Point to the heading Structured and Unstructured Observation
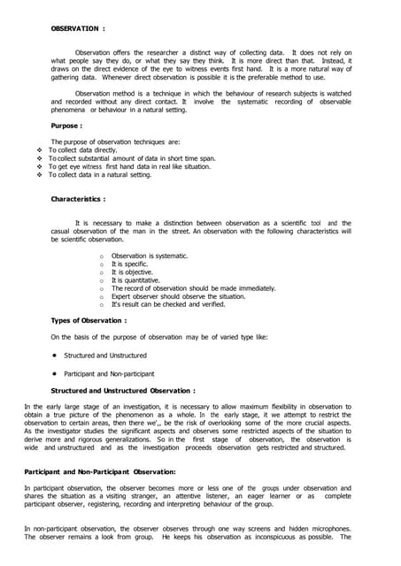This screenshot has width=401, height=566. pos(123,390)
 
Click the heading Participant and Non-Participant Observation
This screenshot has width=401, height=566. pos(100,472)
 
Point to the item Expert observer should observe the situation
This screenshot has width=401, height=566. pos(177,296)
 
